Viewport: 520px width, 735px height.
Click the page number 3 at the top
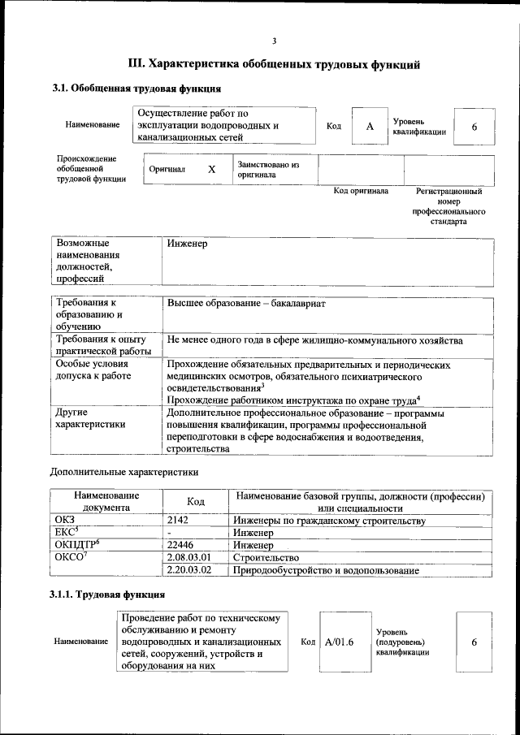tap(274, 41)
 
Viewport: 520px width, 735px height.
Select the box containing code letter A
tap(370, 127)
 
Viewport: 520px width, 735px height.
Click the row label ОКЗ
tap(65, 520)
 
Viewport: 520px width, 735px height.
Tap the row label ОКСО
tap(70, 558)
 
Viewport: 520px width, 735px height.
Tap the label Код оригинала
tap(361, 192)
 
